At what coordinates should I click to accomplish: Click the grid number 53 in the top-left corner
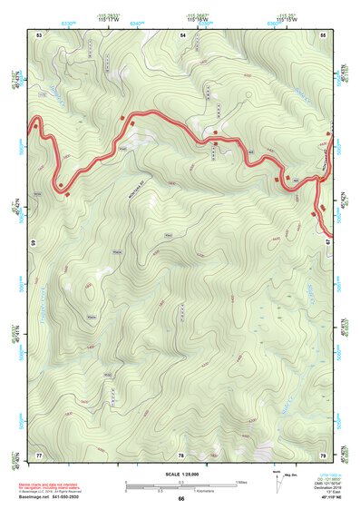coord(39,34)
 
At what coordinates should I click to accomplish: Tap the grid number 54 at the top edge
coord(182,34)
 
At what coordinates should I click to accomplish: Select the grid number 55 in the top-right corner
coord(323,34)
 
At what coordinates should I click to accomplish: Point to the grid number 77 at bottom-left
coord(39,454)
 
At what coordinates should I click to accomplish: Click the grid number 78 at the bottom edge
coord(181,454)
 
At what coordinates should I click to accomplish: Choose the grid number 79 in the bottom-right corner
coord(323,454)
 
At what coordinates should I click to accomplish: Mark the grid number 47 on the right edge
coord(327,244)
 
